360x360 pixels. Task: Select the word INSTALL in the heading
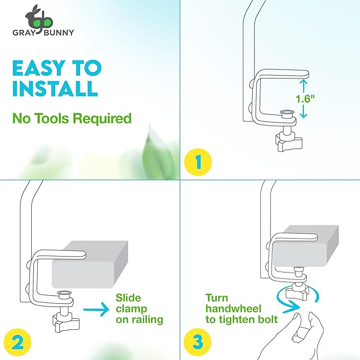coord(55,89)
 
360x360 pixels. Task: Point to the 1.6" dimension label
coord(305,99)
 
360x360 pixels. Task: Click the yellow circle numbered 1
coord(198,162)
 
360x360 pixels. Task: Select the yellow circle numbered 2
coord(17,343)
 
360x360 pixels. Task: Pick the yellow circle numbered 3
coord(197,342)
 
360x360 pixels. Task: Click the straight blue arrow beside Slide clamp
coord(96,310)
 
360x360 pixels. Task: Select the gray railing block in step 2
coord(90,264)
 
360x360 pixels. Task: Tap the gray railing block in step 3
coord(305,246)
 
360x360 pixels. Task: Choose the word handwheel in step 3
coord(233,309)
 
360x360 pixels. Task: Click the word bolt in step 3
coord(267,319)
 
